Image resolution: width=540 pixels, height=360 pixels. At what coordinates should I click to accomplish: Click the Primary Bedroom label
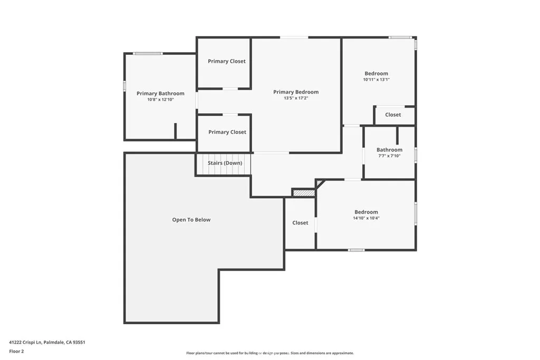296,92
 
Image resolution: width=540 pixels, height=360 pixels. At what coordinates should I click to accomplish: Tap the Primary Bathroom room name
160,93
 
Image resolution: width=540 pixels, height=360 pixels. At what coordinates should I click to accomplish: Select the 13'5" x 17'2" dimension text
296,98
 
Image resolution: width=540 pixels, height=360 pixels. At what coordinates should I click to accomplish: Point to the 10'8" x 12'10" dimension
160,100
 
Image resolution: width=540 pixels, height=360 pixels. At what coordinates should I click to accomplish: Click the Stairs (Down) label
225,163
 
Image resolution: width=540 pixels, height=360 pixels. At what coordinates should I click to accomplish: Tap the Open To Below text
191,220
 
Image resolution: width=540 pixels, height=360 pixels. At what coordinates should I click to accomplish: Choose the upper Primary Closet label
226,61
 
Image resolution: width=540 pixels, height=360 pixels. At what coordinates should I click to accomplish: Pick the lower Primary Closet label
227,132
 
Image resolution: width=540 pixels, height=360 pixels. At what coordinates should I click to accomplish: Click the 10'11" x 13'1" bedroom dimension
377,80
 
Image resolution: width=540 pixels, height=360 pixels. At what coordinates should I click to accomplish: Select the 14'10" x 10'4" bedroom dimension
366,218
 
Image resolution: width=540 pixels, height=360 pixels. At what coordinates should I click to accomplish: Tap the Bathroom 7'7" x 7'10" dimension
389,156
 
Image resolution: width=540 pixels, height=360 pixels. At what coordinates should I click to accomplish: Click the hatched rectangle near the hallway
304,193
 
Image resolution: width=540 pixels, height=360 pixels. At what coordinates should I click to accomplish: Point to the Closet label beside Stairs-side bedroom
300,223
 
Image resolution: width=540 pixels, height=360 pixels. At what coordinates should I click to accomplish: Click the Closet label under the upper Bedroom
393,114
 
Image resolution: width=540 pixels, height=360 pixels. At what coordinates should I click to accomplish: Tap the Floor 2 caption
17,351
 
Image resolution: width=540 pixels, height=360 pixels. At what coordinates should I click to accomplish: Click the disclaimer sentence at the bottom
270,353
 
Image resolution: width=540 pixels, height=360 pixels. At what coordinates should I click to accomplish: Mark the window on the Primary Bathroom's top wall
147,53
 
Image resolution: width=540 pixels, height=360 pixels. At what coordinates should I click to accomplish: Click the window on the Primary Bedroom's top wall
294,37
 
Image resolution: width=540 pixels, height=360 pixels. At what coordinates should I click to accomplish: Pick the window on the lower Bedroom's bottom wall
356,250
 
